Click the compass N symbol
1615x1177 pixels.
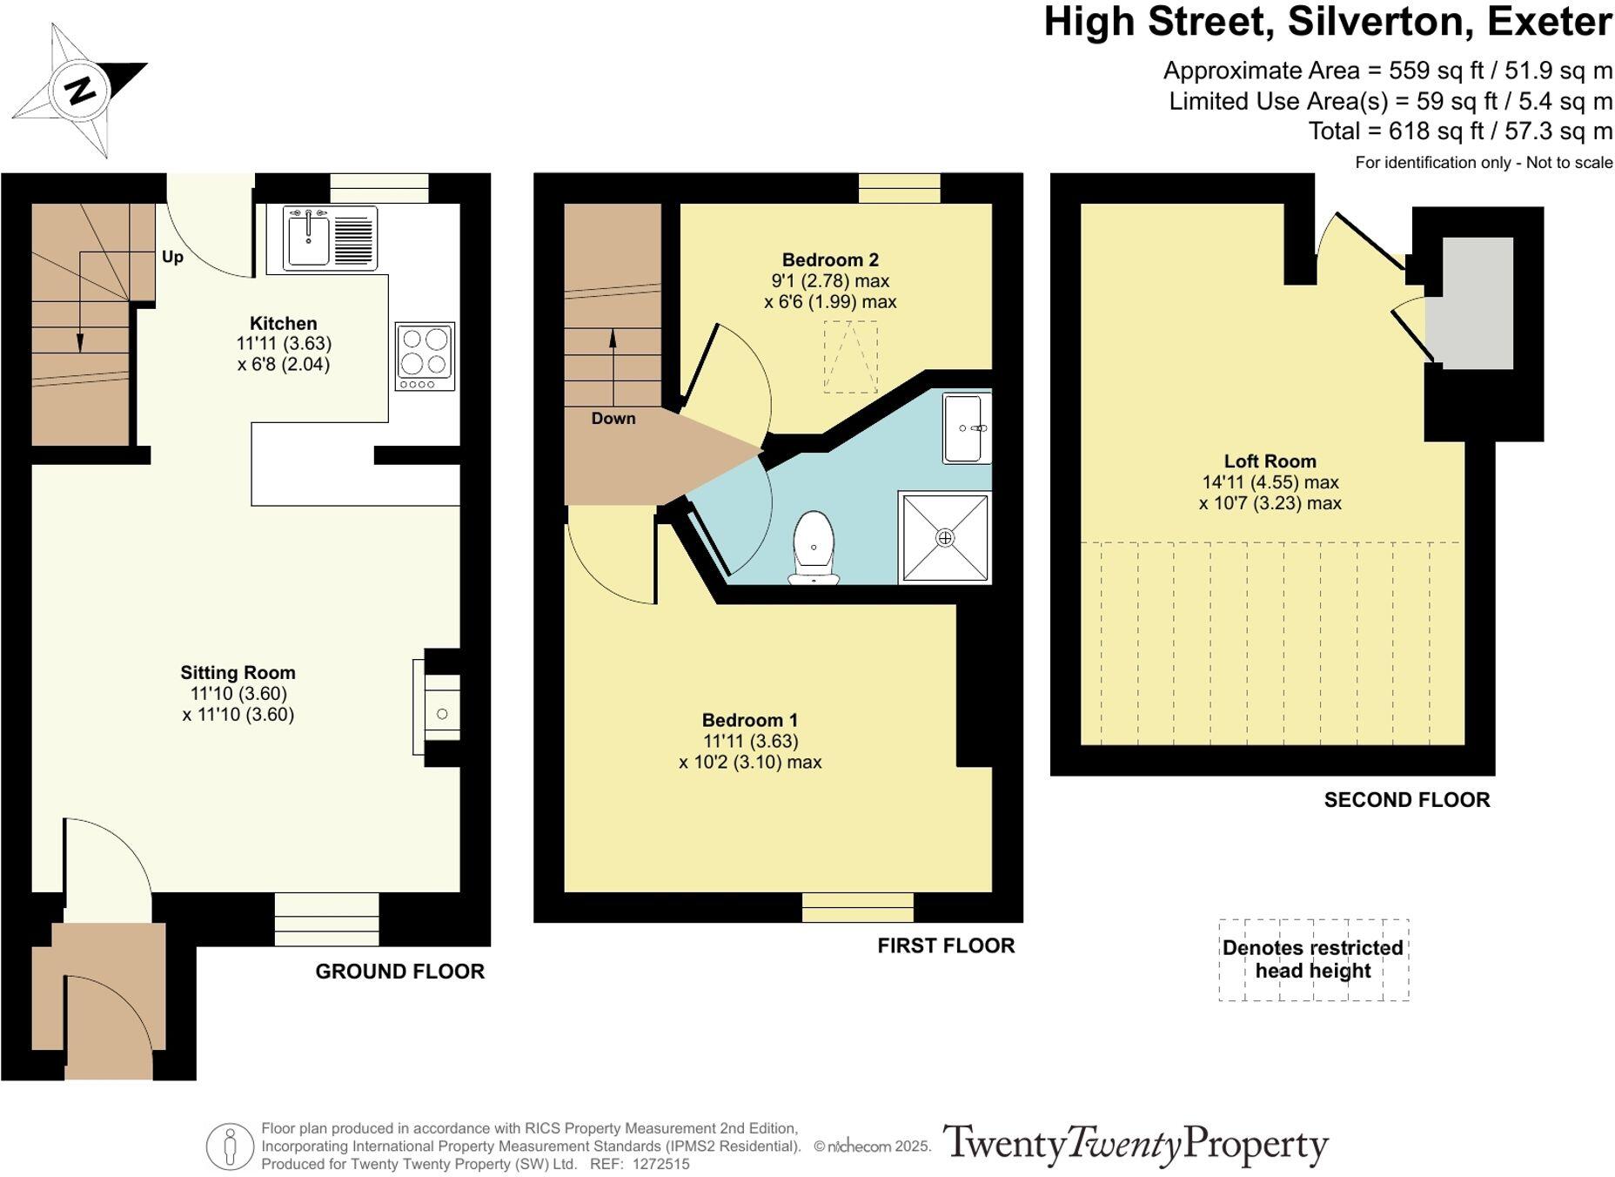80,91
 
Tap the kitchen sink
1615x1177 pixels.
330,238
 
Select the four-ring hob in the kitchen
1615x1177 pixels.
425,357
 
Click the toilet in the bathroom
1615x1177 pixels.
814,547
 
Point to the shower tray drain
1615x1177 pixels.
945,538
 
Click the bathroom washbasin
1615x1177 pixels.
967,429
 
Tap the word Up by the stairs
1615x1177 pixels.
172,257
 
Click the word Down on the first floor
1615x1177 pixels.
613,418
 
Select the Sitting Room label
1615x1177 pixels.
238,672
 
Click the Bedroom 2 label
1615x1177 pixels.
830,259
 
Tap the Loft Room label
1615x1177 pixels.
1270,461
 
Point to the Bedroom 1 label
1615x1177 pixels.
750,720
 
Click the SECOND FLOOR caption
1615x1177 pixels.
1407,800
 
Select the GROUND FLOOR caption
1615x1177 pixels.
399,972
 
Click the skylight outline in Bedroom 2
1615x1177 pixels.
850,357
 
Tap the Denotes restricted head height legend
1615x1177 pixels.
1313,959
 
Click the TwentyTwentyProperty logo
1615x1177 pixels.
1136,1145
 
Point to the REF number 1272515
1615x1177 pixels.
660,1164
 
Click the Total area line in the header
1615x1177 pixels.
1460,131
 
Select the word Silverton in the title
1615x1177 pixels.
1380,22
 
